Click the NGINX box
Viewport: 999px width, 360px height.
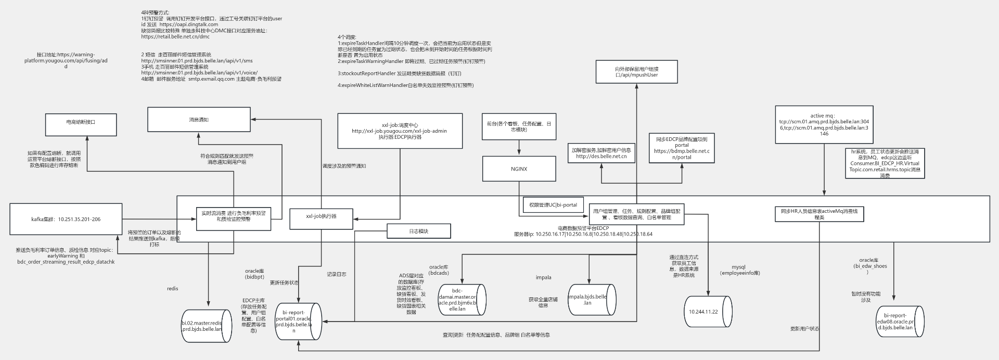[x=519, y=169]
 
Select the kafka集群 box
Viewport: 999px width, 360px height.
[x=66, y=220]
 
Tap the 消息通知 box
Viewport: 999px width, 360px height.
[x=199, y=120]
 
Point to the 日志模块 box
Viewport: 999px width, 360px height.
[x=418, y=231]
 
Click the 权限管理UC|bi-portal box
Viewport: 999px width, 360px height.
[x=553, y=205]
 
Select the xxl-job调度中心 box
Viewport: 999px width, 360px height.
[x=400, y=131]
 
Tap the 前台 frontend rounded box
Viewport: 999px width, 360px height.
[x=518, y=126]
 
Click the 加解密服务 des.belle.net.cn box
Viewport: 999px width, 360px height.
[x=601, y=153]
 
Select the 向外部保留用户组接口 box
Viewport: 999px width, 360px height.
[x=636, y=72]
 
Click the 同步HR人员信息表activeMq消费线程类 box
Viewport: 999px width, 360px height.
[x=819, y=214]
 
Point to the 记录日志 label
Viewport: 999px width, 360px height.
[x=336, y=274]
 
